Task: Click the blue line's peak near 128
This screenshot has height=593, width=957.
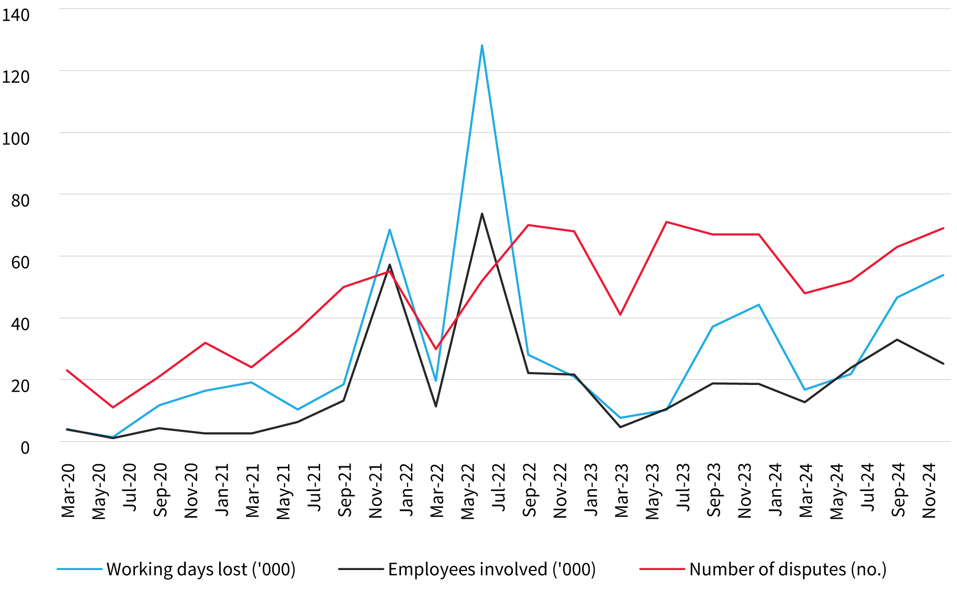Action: (x=482, y=45)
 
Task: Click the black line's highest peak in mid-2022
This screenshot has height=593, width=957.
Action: (x=482, y=214)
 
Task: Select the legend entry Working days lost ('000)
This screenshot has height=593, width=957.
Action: (x=200, y=569)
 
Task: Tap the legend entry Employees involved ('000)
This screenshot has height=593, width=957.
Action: (x=491, y=569)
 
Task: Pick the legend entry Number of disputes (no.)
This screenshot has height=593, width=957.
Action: (x=788, y=569)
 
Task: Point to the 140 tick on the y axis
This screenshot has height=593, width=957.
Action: (x=16, y=15)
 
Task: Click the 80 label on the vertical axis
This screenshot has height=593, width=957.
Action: (x=20, y=200)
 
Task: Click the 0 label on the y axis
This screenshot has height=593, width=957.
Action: (x=25, y=448)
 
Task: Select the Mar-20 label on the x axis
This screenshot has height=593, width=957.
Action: (x=68, y=490)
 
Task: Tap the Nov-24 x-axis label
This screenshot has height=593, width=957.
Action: (x=929, y=490)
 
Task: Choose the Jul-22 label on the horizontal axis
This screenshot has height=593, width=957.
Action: (x=499, y=487)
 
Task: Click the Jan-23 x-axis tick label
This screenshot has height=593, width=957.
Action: (x=591, y=489)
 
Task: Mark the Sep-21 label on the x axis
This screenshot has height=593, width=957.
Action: (x=345, y=490)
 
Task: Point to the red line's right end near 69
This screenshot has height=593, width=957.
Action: (x=943, y=228)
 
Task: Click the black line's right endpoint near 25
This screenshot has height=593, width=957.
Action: (x=943, y=363)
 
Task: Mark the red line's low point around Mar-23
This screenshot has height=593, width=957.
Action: (x=620, y=314)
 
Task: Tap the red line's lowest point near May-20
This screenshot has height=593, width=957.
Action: (x=113, y=407)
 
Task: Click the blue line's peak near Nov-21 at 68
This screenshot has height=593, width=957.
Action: (x=389, y=230)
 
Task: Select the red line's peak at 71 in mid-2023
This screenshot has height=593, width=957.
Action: (x=666, y=222)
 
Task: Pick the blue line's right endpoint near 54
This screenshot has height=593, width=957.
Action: (x=943, y=275)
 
